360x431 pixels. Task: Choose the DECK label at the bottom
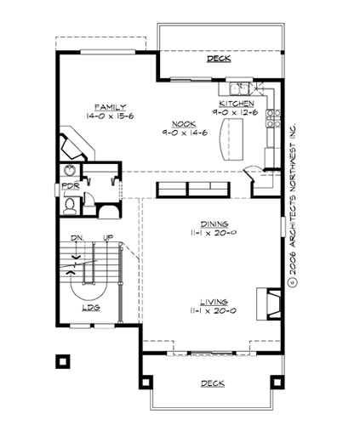213,383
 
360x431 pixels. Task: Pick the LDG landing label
89,308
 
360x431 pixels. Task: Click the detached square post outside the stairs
62,360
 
